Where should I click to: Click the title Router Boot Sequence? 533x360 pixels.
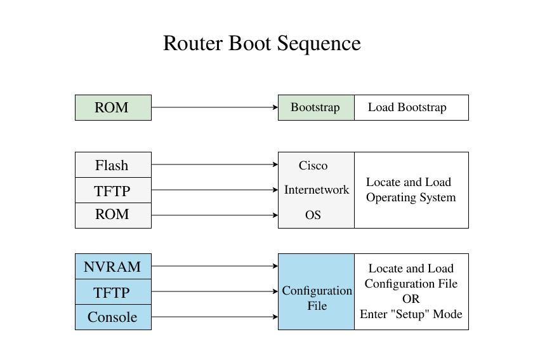point(261,44)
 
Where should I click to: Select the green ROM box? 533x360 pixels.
point(113,107)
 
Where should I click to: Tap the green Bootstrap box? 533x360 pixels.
point(315,107)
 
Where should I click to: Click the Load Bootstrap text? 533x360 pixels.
point(407,107)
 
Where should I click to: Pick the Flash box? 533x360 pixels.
point(113,165)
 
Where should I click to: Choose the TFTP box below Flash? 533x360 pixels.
point(113,190)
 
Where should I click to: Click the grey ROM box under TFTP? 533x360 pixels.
point(113,215)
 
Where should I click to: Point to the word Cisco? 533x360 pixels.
point(313,166)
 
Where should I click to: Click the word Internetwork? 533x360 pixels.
point(316,190)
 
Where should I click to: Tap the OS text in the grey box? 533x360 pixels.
point(313,215)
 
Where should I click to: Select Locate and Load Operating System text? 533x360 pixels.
point(411,190)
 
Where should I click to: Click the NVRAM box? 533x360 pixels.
point(113,267)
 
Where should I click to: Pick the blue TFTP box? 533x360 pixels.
point(113,292)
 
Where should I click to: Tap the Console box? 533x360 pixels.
point(113,317)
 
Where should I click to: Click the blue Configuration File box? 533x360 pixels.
point(316,298)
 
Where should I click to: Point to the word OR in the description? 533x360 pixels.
point(411,299)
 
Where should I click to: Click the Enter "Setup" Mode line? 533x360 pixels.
point(411,314)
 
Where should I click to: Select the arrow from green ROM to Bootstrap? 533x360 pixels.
point(214,107)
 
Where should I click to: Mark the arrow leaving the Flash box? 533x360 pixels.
point(214,164)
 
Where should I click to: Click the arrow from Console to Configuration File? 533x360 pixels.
point(214,317)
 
